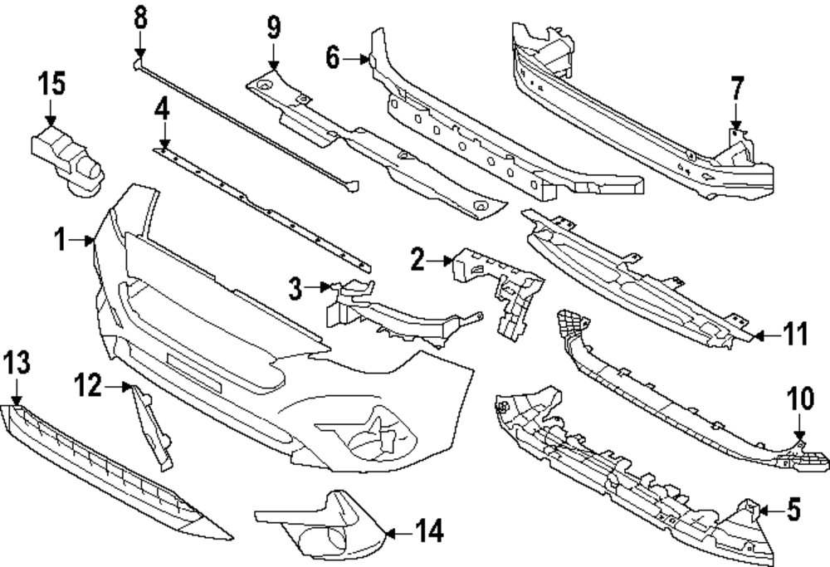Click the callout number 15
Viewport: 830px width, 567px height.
[x=51, y=85]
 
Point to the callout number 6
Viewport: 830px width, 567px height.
[x=332, y=58]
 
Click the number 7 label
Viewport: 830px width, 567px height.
[x=737, y=88]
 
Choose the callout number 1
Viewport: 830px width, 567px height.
[x=60, y=241]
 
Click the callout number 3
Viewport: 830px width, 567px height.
[x=296, y=288]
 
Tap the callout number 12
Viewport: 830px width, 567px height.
[x=87, y=385]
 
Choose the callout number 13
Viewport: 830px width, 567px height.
[x=17, y=362]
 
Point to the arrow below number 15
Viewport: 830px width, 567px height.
[x=51, y=115]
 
